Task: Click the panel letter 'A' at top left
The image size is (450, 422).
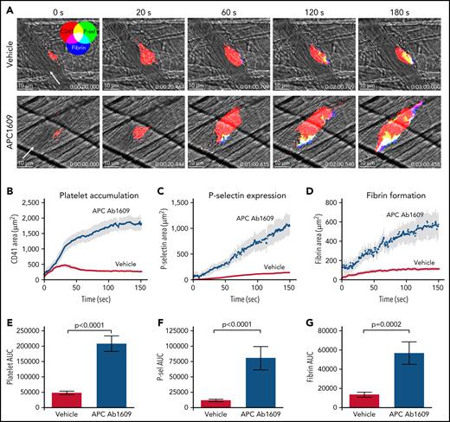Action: click(7, 7)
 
